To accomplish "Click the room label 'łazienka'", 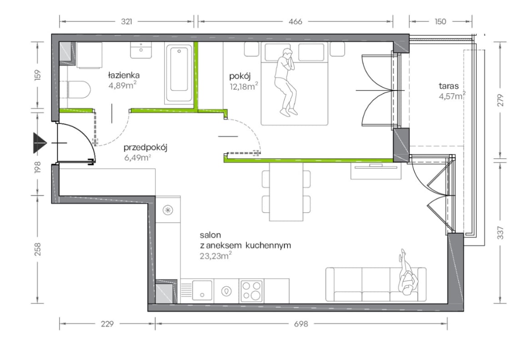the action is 124,75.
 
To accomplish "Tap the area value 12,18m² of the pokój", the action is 244,86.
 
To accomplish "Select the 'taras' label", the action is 448,86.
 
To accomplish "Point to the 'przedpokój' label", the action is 146,148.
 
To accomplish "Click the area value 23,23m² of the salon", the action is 216,256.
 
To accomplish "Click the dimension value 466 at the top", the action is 295,21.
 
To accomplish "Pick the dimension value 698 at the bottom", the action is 301,324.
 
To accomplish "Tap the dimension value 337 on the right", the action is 501,233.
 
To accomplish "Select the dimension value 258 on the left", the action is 38,249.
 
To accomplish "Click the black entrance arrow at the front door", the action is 40,143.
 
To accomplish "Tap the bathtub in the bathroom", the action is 179,73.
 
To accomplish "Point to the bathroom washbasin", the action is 141,50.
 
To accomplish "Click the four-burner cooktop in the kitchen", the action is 251,291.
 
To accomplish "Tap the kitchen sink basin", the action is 202,290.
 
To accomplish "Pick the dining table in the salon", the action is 286,192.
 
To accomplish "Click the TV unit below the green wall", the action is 376,170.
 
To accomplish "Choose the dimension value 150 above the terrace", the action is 440,21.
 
